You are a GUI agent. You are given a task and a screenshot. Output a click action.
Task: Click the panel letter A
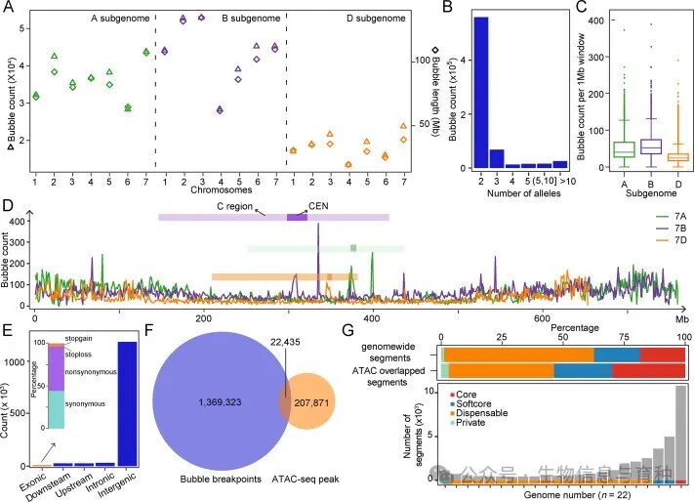(x=9, y=8)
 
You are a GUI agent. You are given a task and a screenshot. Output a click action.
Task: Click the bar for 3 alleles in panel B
(x=497, y=158)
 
